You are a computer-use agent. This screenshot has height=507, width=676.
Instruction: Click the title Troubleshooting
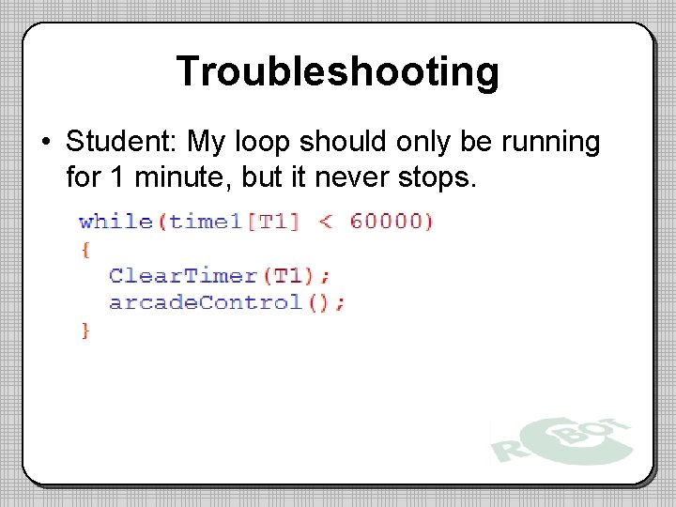(337, 71)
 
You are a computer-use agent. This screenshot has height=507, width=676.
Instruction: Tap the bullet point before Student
(45, 143)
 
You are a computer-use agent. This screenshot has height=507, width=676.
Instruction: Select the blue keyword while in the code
(115, 222)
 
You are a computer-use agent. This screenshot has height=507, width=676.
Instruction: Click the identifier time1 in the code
(202, 222)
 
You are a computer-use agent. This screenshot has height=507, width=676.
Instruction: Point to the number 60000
(386, 222)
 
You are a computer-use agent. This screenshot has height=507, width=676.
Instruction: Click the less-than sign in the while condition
(325, 222)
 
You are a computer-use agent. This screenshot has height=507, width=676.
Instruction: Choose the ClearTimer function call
(182, 275)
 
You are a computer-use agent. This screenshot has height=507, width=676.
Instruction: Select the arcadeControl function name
(205, 302)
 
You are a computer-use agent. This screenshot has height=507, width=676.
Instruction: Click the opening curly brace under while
(85, 249)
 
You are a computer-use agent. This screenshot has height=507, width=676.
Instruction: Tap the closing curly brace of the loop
(85, 330)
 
